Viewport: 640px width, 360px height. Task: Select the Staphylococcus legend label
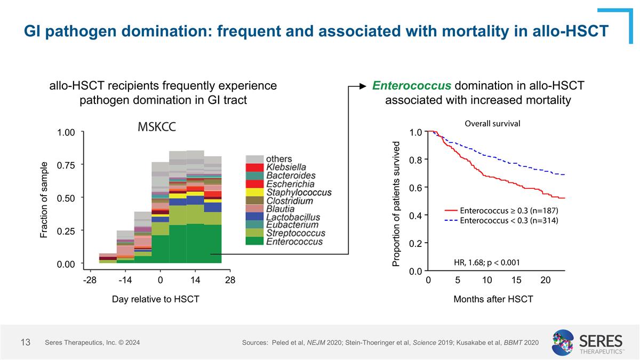pyautogui.click(x=299, y=193)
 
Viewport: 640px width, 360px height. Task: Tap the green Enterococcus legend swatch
pyautogui.click(x=254, y=242)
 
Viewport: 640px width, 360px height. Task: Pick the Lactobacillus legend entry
pyautogui.click(x=293, y=217)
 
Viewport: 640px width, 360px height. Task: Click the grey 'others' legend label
pyautogui.click(x=278, y=159)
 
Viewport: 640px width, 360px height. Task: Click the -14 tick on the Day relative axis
pyautogui.click(x=125, y=279)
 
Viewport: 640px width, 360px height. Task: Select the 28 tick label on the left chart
pyautogui.click(x=230, y=279)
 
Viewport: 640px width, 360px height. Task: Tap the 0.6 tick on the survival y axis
pyautogui.click(x=415, y=188)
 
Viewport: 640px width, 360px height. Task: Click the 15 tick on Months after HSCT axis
pyautogui.click(x=516, y=279)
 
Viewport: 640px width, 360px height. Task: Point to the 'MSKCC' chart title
pyautogui.click(x=157, y=127)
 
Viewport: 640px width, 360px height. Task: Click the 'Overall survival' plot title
pyautogui.click(x=492, y=123)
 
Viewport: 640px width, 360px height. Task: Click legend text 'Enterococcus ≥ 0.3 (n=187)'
pyautogui.click(x=508, y=211)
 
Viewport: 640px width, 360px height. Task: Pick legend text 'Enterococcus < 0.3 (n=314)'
pyautogui.click(x=508, y=221)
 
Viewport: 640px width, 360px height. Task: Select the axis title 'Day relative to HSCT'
pyautogui.click(x=155, y=299)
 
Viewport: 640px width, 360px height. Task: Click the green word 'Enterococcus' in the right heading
pyautogui.click(x=411, y=86)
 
